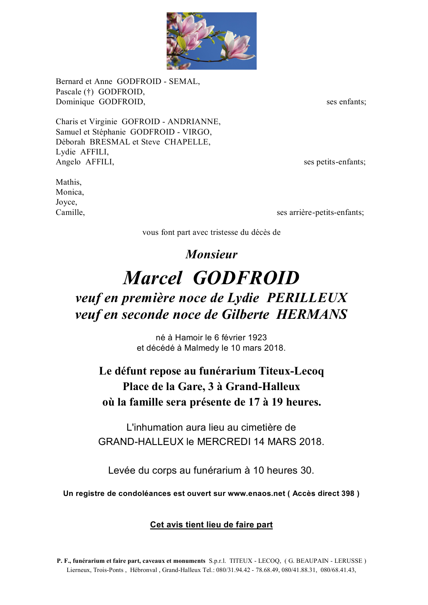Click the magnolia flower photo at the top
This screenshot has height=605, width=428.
211,41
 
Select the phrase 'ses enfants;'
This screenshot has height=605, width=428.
346,102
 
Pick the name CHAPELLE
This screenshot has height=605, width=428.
187,142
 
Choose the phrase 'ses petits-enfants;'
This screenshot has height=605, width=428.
334,162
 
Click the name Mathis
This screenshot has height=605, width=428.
68,182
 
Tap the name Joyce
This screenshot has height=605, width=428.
66,202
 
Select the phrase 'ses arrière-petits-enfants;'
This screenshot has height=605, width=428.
320,213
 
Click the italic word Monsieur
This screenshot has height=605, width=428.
211,254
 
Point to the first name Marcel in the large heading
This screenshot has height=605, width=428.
152,278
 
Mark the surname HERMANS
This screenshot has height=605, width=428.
312,314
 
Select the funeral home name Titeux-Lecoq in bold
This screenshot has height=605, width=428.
291,371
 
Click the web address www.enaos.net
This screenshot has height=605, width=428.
256,494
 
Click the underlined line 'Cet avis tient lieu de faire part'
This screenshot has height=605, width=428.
211,525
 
